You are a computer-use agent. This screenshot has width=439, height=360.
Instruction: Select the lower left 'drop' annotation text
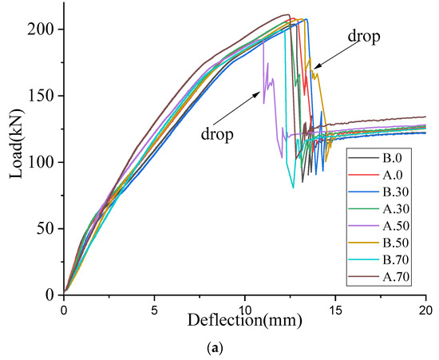point(217,134)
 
